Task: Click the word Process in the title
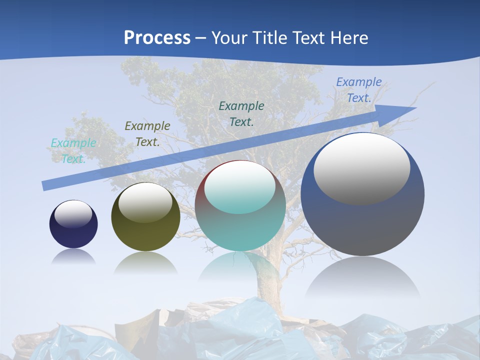157,38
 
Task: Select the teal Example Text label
73,151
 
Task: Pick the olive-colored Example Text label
147,134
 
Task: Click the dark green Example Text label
241,113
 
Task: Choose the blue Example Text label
358,90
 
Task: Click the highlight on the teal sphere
239,188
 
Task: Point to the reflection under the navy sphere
73,256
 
